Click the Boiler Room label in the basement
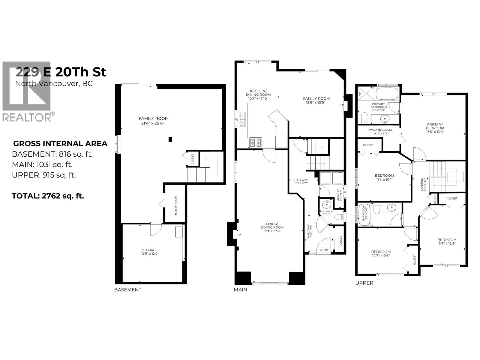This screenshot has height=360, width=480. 175,205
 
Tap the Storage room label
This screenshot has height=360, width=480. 150,250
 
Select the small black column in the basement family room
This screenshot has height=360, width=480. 170,139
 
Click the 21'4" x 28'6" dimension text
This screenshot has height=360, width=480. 153,123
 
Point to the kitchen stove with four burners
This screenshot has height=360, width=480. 256,142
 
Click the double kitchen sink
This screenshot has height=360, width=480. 242,119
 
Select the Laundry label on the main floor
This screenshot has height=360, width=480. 338,195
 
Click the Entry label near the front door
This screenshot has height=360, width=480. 324,250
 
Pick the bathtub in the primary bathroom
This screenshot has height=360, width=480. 387,94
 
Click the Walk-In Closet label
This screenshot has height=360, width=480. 380,130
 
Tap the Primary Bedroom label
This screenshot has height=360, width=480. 435,126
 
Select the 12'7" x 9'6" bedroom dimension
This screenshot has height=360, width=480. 381,256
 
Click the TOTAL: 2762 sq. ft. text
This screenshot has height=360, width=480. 48,196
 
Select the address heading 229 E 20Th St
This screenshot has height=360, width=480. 61,72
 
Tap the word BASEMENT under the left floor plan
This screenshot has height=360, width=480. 127,290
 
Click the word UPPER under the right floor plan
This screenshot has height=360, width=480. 364,283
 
